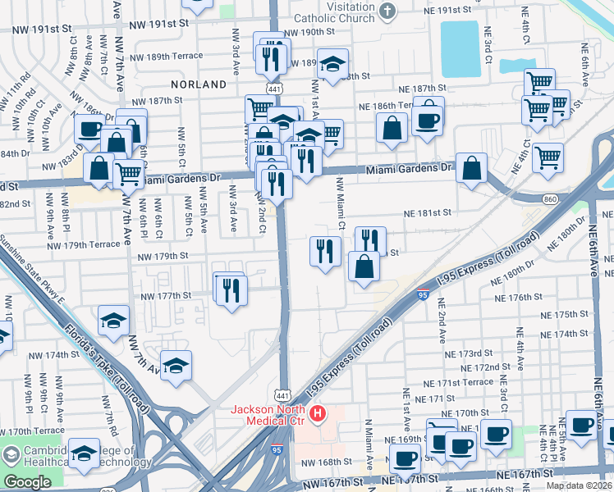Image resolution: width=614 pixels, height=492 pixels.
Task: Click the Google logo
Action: [x=27, y=482]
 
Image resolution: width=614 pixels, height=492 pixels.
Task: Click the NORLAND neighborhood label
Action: [x=198, y=84]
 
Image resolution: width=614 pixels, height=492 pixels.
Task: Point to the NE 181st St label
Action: [x=428, y=212]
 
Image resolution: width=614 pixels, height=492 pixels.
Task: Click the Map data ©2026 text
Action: [x=579, y=485]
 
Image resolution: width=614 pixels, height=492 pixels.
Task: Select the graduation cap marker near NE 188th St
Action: [x=332, y=64]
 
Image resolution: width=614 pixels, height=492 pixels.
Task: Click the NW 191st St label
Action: [x=48, y=28]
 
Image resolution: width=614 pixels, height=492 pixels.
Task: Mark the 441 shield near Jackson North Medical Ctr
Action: [x=282, y=395]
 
